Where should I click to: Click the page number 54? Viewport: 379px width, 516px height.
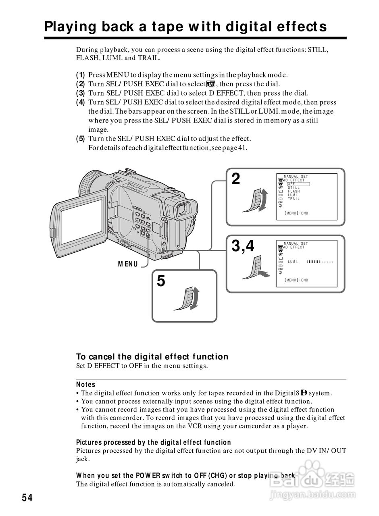click(27, 498)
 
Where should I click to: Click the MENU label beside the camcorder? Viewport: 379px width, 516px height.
click(127, 264)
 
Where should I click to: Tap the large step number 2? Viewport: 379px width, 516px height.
click(236, 179)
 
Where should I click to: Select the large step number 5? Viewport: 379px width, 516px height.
click(161, 281)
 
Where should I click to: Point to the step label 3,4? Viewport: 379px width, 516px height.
click(243, 246)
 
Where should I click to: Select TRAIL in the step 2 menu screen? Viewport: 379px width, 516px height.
click(294, 199)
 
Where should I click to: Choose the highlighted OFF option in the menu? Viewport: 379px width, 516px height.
click(292, 184)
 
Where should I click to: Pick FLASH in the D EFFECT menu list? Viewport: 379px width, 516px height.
click(294, 191)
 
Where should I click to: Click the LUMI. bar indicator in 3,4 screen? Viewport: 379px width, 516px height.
click(320, 262)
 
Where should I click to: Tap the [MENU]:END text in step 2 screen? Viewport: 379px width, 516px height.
click(296, 213)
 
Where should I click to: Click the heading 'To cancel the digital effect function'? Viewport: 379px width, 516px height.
click(152, 357)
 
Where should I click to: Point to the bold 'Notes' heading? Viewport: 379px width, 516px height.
click(85, 385)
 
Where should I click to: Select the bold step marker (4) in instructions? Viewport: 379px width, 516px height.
click(81, 102)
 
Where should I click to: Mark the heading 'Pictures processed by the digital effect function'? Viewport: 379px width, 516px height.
click(154, 443)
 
